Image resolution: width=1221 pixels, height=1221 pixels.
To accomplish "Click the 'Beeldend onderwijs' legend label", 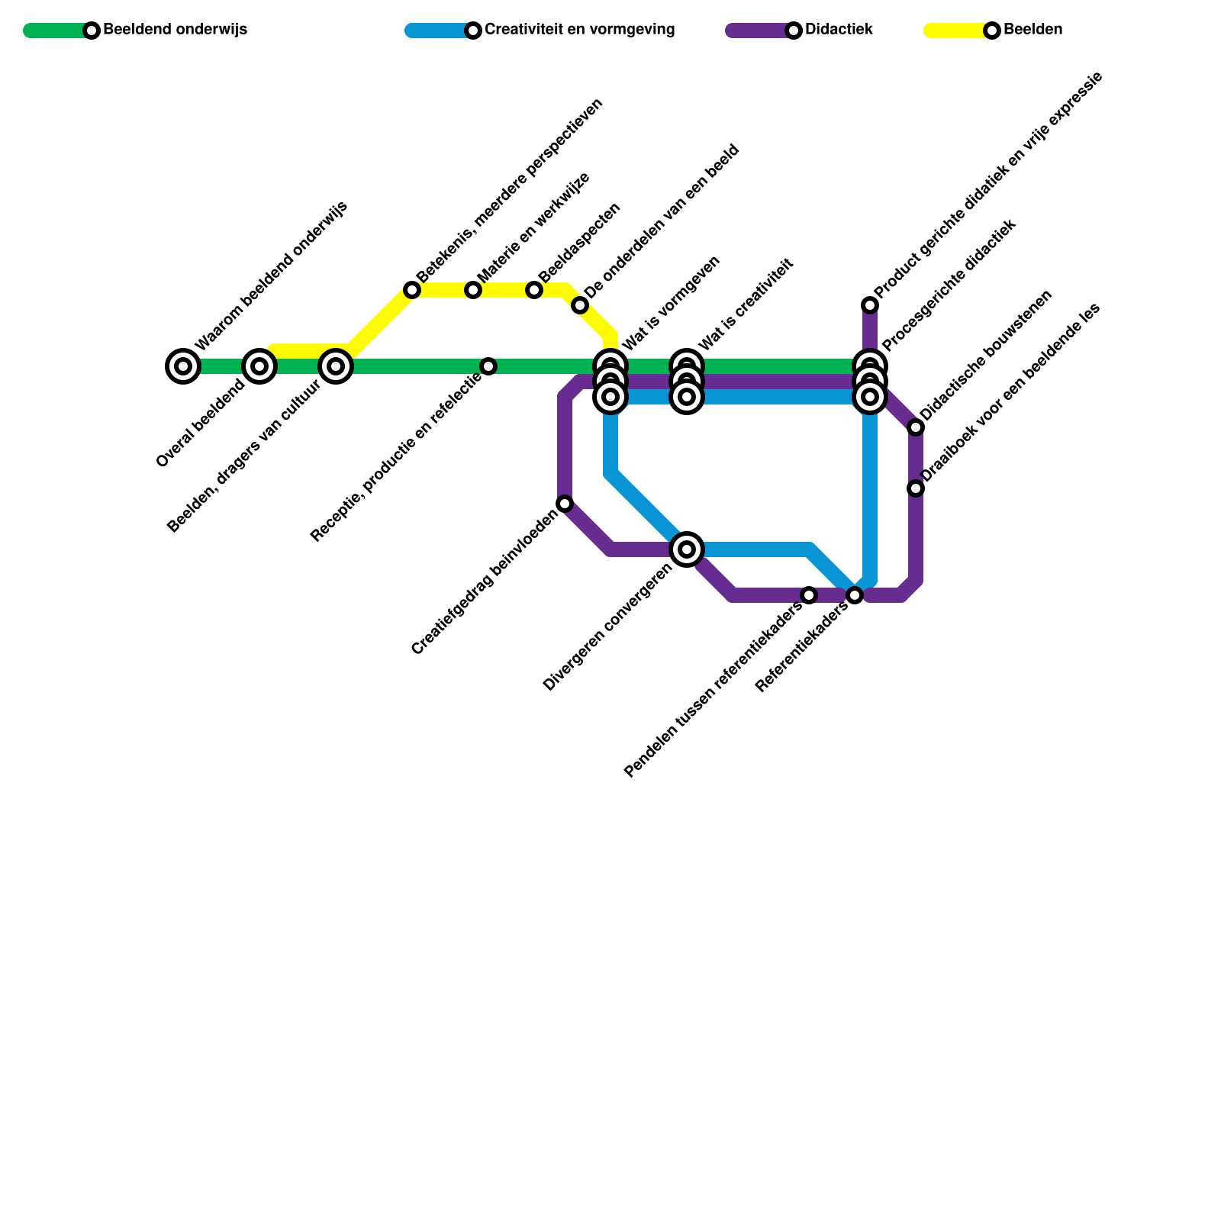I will click(x=175, y=31).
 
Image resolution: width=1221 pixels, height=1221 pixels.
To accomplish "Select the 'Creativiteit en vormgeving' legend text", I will click(x=579, y=31).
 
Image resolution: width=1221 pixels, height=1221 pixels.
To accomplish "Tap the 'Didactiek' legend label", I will click(x=839, y=31).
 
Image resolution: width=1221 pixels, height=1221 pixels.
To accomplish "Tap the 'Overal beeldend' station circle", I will click(x=259, y=366).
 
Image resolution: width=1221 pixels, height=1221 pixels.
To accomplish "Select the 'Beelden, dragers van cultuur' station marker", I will click(x=336, y=366).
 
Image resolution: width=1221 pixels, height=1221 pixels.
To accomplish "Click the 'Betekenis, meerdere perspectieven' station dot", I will click(x=412, y=290).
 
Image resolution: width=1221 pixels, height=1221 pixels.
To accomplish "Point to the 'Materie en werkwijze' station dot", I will click(x=473, y=290).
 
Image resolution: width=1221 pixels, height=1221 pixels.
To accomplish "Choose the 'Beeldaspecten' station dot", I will click(x=534, y=290).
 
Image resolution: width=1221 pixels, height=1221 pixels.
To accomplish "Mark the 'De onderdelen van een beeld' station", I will click(x=580, y=306).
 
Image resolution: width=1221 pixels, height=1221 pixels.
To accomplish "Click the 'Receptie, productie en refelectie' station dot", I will click(x=488, y=366).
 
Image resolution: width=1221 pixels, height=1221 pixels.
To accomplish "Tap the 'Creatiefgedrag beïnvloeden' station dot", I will click(x=565, y=504).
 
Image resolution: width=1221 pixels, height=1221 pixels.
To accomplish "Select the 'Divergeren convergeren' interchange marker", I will click(x=687, y=549).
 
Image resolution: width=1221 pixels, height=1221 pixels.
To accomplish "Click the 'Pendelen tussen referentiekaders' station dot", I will click(x=809, y=595).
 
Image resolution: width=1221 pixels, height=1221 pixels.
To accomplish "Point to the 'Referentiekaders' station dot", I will click(x=855, y=595).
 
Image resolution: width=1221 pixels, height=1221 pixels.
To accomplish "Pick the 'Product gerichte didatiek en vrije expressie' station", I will click(x=870, y=305).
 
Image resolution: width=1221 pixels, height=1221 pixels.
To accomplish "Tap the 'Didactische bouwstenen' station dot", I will click(x=916, y=427).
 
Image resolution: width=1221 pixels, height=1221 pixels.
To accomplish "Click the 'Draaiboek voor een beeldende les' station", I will click(x=916, y=488).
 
